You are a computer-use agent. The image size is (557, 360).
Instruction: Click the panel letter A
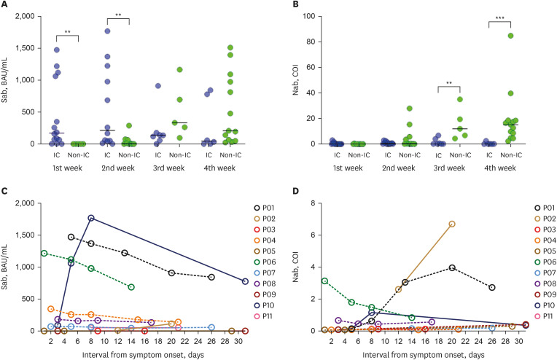(x=5, y=6)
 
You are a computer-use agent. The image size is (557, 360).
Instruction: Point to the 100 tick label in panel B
(x=306, y=16)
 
